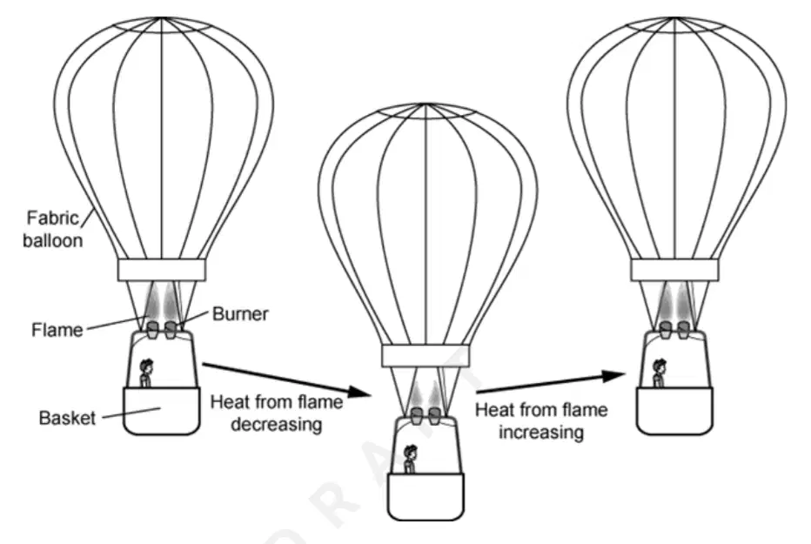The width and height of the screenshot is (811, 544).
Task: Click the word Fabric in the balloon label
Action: pyautogui.click(x=52, y=218)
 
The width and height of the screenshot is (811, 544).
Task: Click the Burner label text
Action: pyautogui.click(x=240, y=314)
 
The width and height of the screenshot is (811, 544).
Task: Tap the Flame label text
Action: pyautogui.click(x=57, y=330)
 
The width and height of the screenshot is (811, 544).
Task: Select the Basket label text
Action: pyautogui.click(x=67, y=418)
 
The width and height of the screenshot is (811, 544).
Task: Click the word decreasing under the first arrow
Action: pyautogui.click(x=277, y=424)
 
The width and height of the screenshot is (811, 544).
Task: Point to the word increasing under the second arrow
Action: pyautogui.click(x=541, y=432)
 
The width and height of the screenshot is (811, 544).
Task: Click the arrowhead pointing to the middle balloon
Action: pyautogui.click(x=359, y=392)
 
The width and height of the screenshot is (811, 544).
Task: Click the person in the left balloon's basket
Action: pyautogui.click(x=146, y=373)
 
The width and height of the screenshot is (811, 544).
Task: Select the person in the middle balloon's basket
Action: pyautogui.click(x=410, y=460)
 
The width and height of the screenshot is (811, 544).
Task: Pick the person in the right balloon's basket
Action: pyautogui.click(x=659, y=373)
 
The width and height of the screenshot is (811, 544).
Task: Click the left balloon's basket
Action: pyautogui.click(x=161, y=411)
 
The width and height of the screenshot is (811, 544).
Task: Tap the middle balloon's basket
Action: pyautogui.click(x=426, y=496)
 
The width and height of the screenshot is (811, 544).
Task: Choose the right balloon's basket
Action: pyautogui.click(x=674, y=411)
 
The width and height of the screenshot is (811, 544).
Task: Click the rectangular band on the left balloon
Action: pyautogui.click(x=161, y=270)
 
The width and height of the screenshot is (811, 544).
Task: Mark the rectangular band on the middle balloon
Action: pyautogui.click(x=426, y=356)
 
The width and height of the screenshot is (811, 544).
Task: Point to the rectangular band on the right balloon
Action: pyautogui.click(x=674, y=270)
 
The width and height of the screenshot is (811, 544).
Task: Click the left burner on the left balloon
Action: pyautogui.click(x=153, y=330)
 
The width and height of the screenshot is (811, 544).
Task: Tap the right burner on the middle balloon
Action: pyautogui.click(x=434, y=416)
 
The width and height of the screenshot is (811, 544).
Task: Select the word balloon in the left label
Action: pyautogui.click(x=53, y=240)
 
